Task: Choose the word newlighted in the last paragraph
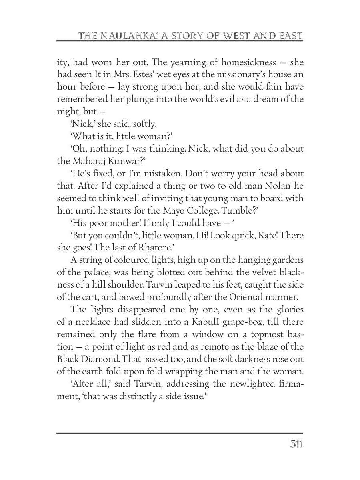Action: [238, 384]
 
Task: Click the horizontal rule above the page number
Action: [180, 433]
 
